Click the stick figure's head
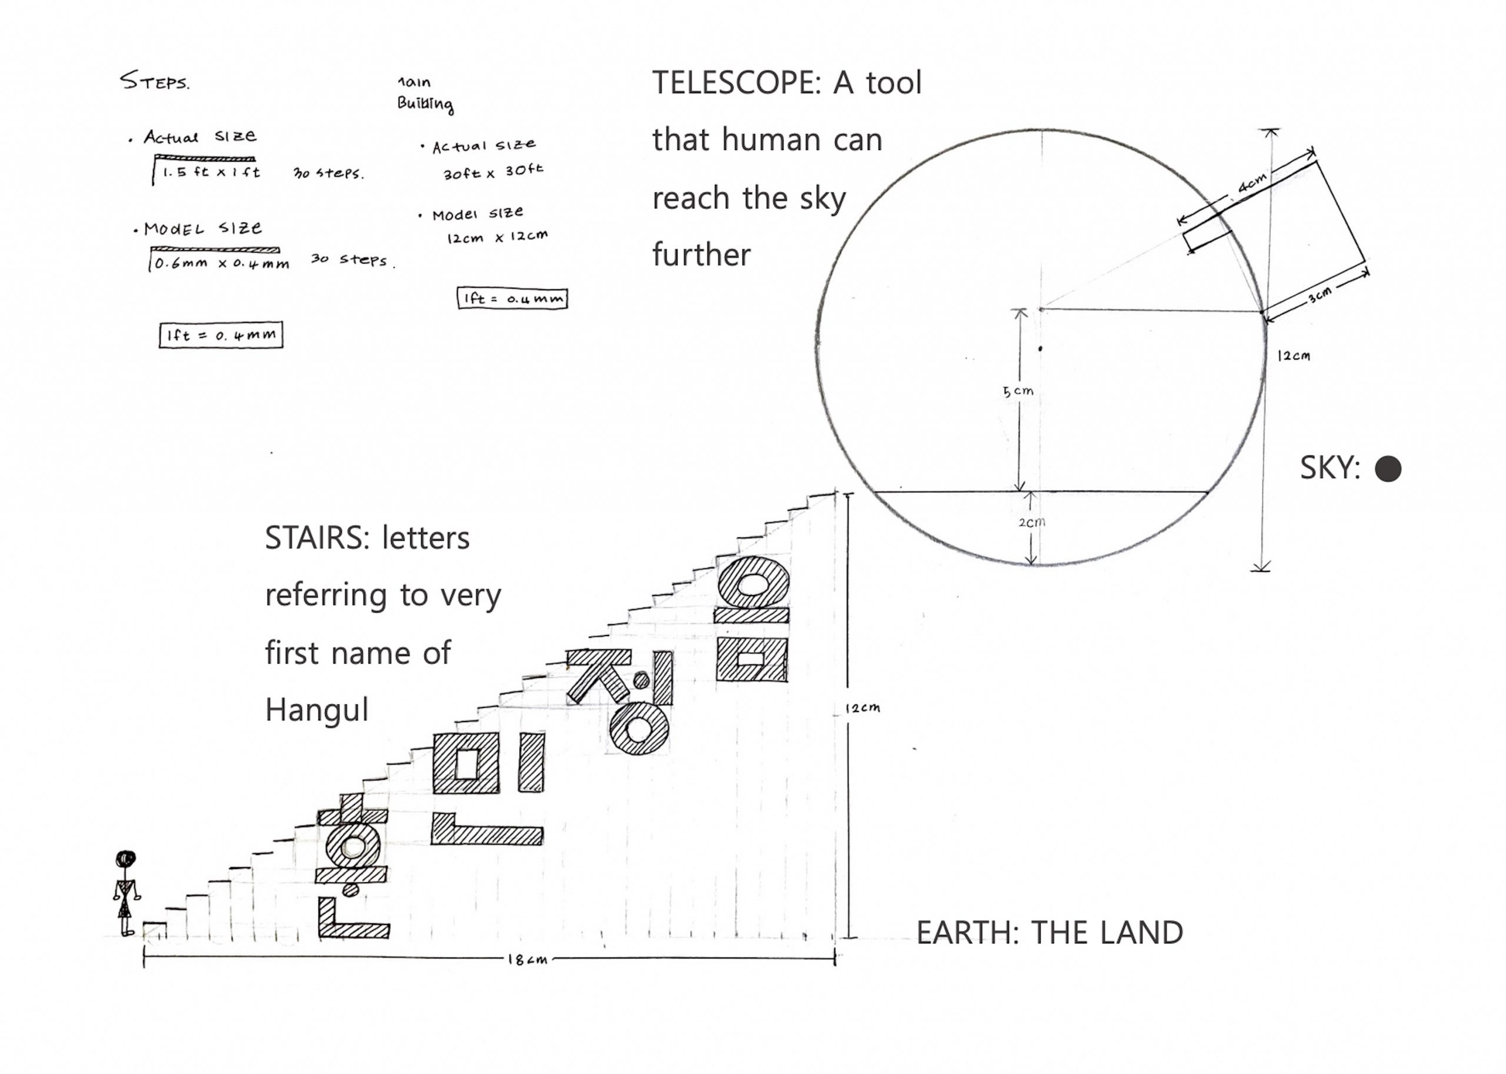126,859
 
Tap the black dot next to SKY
1388,469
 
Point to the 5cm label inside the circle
1018,391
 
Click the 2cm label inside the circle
1031,522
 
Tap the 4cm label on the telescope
1252,182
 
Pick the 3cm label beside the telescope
1320,295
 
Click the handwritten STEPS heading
155,81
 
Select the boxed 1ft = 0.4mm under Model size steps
221,335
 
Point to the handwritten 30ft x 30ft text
493,172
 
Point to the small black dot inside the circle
1040,348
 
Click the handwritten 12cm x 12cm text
497,237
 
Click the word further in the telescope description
701,255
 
